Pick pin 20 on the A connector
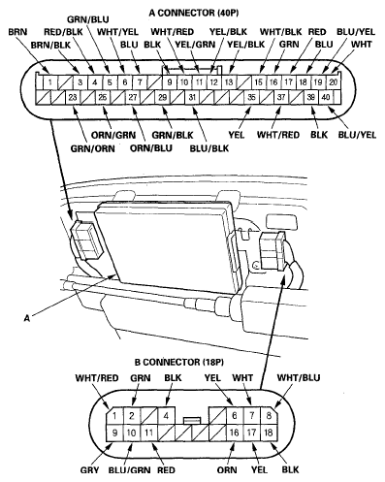click(334, 82)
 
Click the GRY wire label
click(89, 472)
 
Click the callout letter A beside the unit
click(37, 314)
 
